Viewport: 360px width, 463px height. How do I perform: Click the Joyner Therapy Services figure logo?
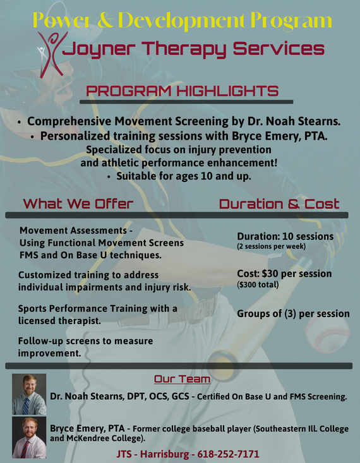(51, 54)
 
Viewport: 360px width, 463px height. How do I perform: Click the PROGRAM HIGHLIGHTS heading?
(183, 91)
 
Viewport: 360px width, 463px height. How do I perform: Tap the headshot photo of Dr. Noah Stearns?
(29, 394)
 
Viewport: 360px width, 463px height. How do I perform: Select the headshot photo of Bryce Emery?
(29, 437)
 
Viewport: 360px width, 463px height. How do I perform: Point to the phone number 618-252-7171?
(228, 454)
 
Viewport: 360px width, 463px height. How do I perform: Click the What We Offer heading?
(78, 204)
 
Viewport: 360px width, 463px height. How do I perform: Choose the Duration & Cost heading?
(279, 204)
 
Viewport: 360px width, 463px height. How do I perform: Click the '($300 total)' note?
(258, 285)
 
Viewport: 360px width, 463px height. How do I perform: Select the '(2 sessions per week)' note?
(272, 246)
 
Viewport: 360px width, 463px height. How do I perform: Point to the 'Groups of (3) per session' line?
(293, 313)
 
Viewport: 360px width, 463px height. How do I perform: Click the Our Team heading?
(183, 379)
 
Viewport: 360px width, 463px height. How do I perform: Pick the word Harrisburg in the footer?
(164, 454)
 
